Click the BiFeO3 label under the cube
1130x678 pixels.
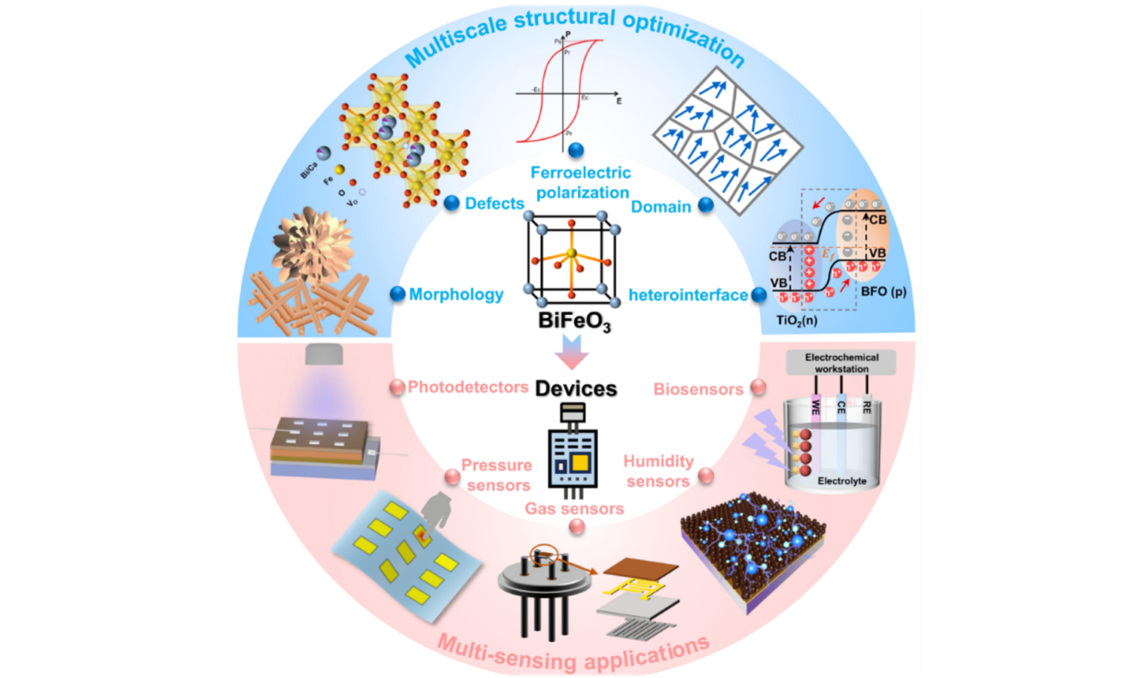[574, 321]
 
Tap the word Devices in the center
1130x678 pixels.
[576, 389]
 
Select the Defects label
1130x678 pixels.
[494, 203]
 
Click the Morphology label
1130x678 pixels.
[456, 295]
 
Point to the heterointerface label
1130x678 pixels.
[688, 295]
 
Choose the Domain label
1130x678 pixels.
[661, 206]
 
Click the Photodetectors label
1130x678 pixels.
[468, 387]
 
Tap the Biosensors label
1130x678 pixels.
[698, 389]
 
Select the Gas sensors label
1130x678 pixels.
[574, 508]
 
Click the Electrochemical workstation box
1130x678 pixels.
[841, 363]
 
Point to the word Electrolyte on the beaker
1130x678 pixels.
[841, 481]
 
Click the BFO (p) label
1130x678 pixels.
[884, 292]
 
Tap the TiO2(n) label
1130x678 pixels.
[797, 320]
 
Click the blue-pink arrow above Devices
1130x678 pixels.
[572, 352]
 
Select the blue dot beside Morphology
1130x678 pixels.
[398, 294]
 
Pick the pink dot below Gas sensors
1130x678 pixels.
[577, 527]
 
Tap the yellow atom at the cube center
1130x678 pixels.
[572, 253]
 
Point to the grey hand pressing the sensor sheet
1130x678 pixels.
[435, 510]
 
